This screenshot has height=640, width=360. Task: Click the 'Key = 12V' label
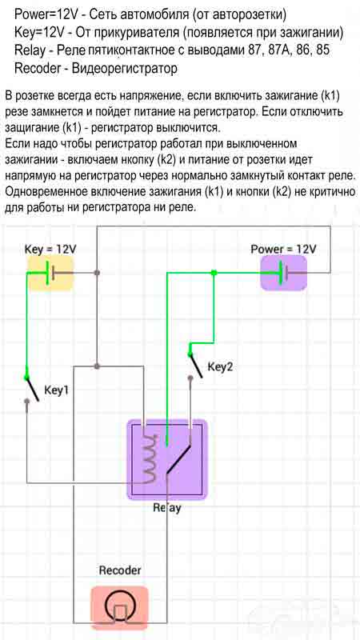[x=50, y=249]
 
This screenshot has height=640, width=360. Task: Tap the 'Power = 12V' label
[x=283, y=249]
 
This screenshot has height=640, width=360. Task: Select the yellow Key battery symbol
[x=51, y=273]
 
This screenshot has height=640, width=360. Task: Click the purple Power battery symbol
[x=284, y=273]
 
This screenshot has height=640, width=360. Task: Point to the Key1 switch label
[x=56, y=390]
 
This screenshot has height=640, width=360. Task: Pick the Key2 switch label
[x=221, y=367]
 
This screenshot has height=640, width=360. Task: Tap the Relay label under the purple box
[x=167, y=509]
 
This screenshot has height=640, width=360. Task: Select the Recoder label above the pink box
[x=121, y=570]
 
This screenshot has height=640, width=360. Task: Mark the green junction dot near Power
[x=214, y=273]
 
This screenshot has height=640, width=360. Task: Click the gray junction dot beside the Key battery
[x=97, y=273]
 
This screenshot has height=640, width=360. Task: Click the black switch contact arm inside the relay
[x=178, y=459]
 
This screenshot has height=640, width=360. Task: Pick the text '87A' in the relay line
[x=278, y=50]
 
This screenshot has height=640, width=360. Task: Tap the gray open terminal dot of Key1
[x=27, y=402]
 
